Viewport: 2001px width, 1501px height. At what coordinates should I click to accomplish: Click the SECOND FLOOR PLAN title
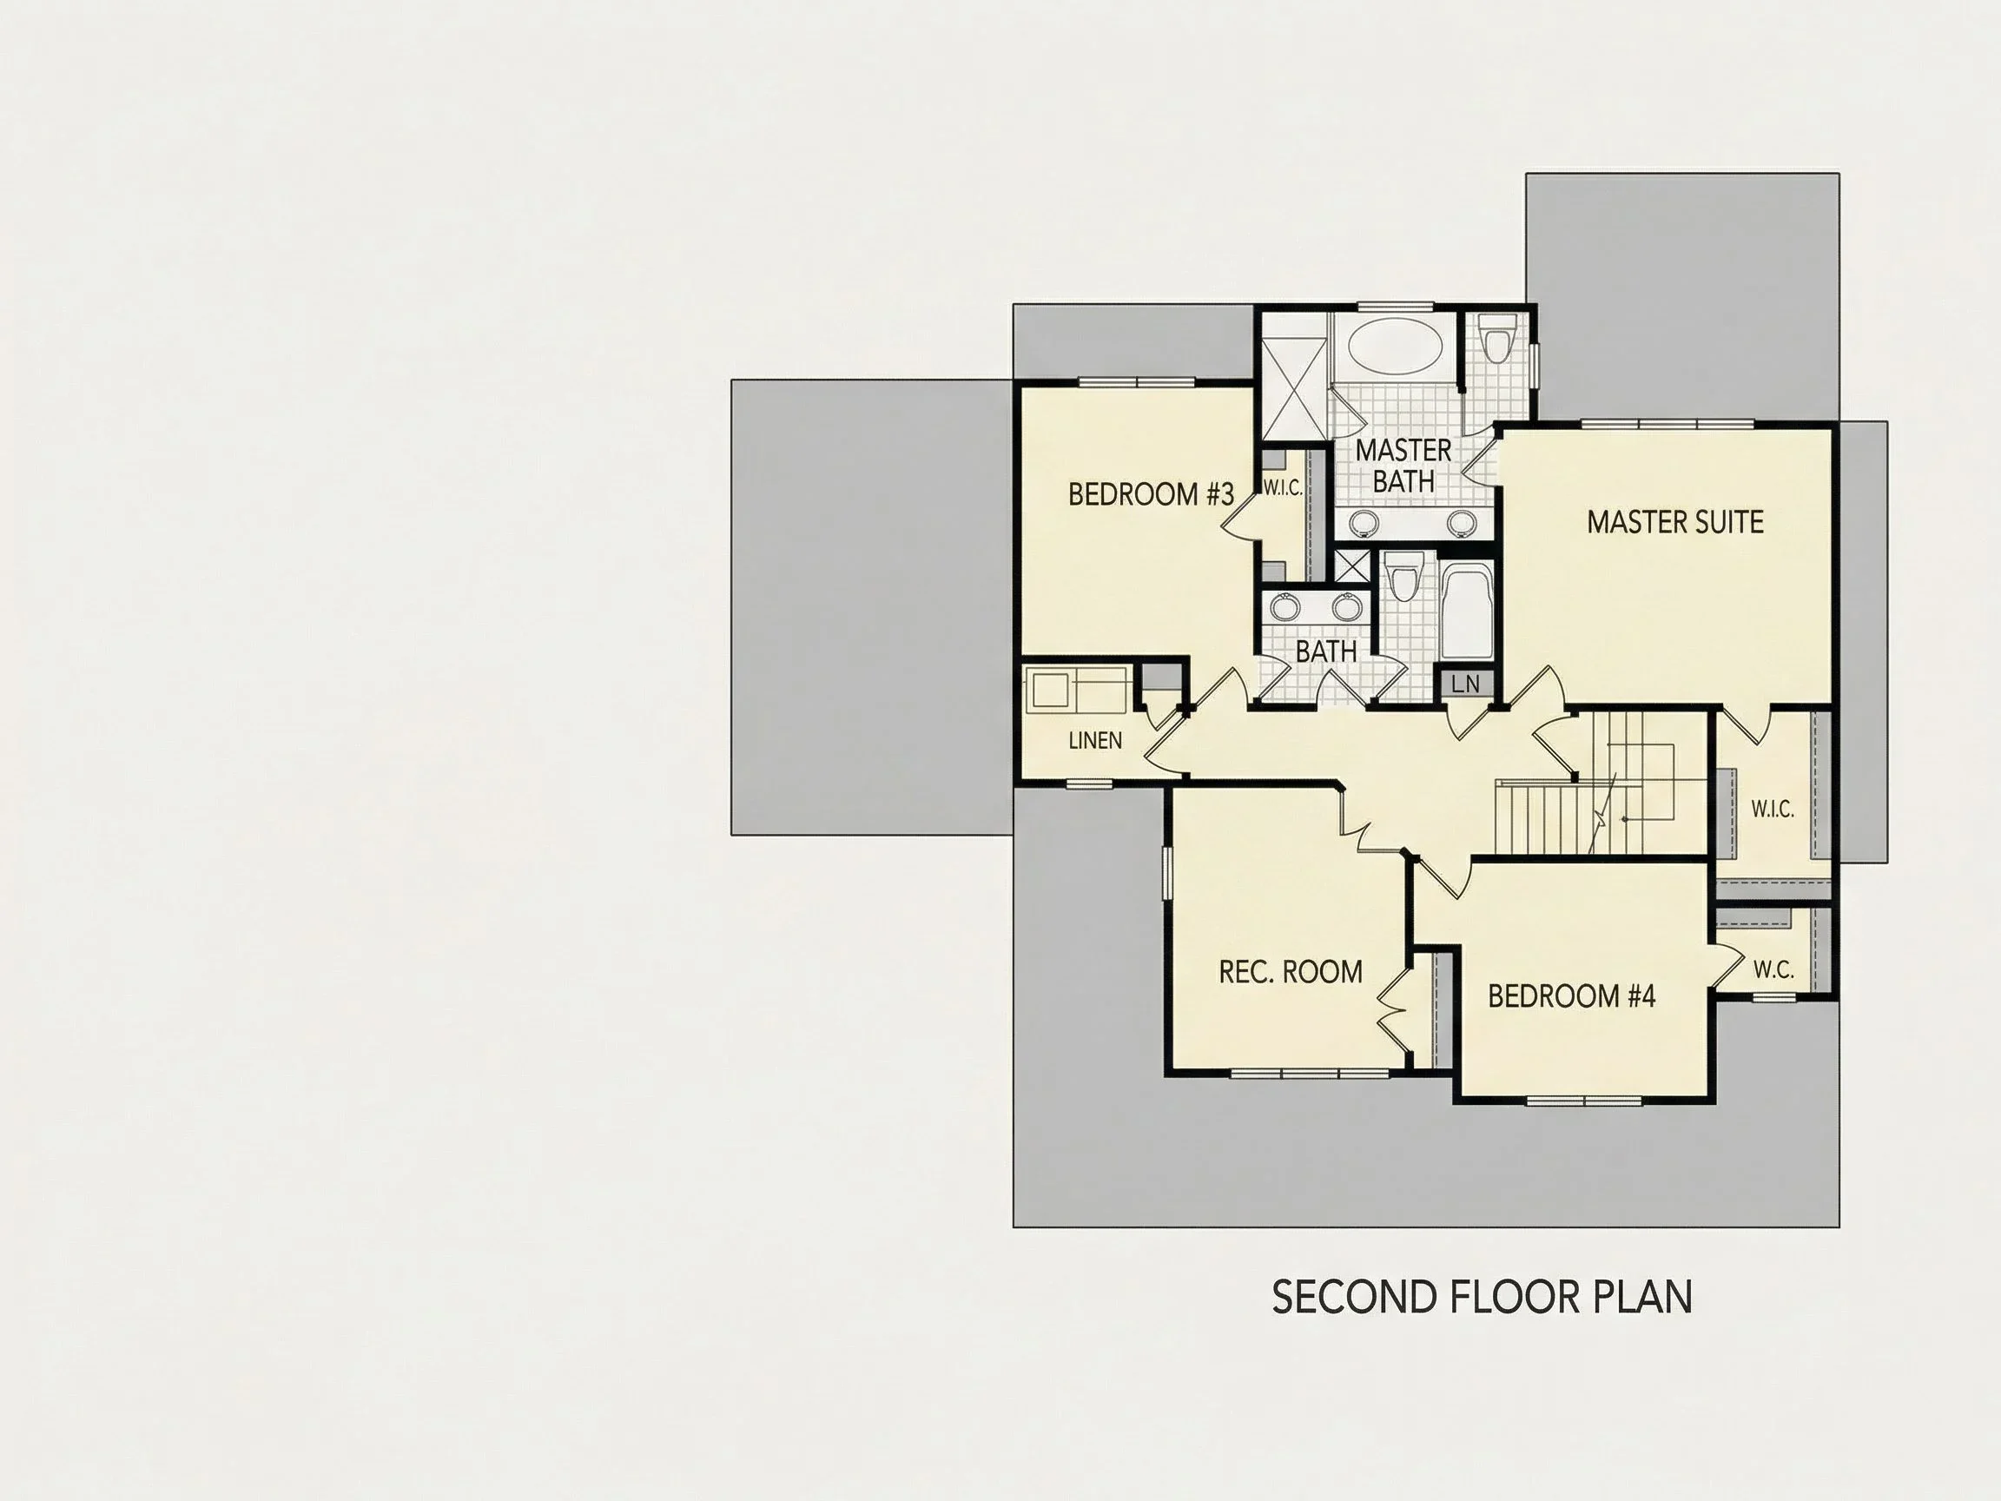[1482, 1298]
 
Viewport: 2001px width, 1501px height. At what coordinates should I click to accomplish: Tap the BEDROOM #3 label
[1151, 494]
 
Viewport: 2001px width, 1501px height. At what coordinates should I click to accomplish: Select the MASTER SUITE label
[1675, 522]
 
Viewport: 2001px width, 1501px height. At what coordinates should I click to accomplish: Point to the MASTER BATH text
[1403, 466]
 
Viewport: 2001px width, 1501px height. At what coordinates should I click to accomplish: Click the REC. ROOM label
[1290, 972]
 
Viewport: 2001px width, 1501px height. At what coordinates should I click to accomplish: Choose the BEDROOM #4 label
[1571, 996]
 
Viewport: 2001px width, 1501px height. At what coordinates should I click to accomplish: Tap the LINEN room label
[1095, 741]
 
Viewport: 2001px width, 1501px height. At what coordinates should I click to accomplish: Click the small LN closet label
[1465, 684]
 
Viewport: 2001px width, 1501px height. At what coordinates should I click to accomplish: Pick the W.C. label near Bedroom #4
[1773, 970]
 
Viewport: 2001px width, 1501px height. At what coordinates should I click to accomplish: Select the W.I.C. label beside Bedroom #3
[1283, 488]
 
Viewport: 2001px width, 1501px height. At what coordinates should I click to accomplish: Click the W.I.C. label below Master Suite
[1772, 809]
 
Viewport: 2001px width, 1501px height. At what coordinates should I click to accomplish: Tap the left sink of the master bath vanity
[1364, 522]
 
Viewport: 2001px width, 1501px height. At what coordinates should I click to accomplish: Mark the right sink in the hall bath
[1346, 607]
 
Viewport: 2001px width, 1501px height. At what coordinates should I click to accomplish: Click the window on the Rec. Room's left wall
[1167, 873]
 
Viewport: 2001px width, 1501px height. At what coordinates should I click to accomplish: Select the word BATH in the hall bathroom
[1326, 651]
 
